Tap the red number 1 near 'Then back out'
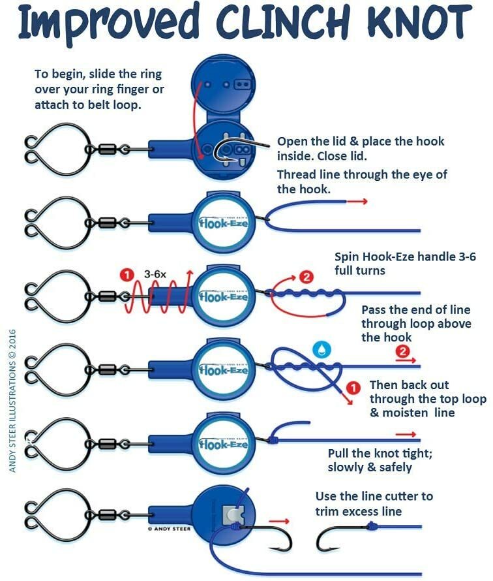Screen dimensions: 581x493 (x=353, y=388)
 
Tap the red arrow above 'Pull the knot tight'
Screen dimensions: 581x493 (x=406, y=433)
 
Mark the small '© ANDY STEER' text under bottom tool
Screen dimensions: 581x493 (x=169, y=527)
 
